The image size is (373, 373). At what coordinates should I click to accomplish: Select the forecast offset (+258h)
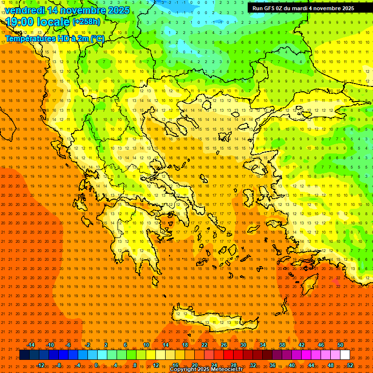pos(86,22)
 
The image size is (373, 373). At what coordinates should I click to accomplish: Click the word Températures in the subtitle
pos(31,38)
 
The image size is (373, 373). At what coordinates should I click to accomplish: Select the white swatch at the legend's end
pos(345,355)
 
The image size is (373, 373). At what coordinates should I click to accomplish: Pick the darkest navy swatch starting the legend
pos(24,355)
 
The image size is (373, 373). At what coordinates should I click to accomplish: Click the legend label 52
pos(350,365)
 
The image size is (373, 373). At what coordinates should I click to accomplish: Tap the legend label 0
pos(96,365)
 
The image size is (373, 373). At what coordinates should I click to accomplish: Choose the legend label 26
pos(224,345)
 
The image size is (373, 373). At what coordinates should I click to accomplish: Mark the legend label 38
pos(282,345)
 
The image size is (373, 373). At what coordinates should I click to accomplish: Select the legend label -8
pos(58,365)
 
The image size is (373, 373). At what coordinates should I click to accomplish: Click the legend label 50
pos(340,345)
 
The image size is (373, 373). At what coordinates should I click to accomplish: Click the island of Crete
pos(214,318)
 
